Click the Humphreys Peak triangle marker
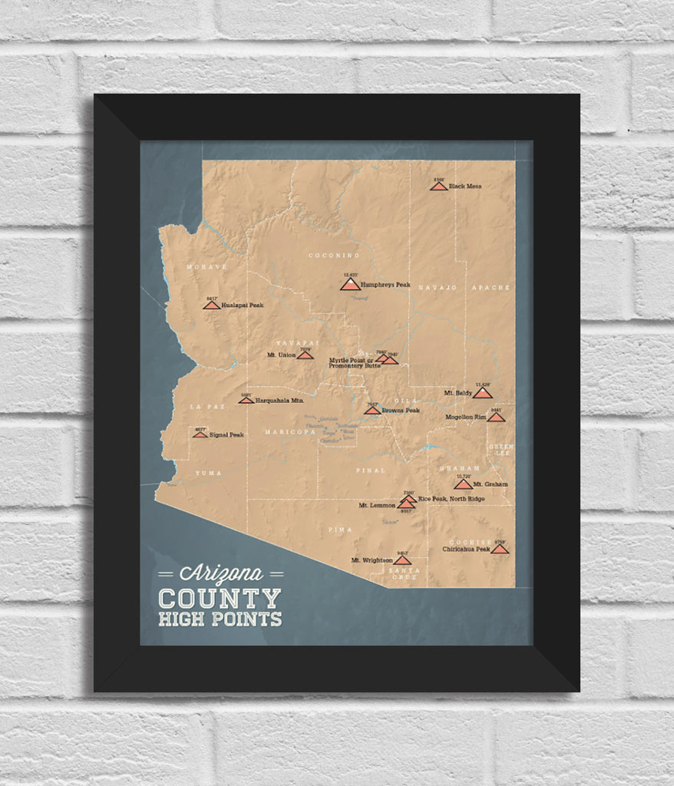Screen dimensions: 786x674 (349, 285)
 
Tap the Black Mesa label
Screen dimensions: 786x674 (465, 186)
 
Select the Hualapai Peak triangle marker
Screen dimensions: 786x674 (211, 305)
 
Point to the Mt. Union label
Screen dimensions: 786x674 (281, 355)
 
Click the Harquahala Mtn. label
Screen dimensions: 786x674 (279, 400)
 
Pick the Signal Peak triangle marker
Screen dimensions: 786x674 (200, 434)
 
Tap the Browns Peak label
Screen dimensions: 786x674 (401, 410)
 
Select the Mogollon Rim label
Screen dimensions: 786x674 (465, 418)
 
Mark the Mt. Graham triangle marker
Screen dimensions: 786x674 (463, 484)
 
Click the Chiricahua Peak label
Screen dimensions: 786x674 (466, 549)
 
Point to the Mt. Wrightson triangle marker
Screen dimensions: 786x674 (401, 560)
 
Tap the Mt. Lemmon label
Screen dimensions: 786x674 (376, 505)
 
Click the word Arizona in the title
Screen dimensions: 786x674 (221, 573)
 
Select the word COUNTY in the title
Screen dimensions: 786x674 (220, 598)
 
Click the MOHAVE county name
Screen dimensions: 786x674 (206, 266)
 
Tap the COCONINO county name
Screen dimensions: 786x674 (334, 255)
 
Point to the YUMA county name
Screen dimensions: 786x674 (208, 473)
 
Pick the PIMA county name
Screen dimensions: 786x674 (339, 530)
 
